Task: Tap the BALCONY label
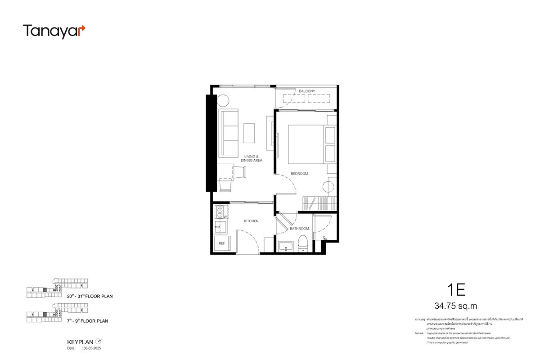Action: click(x=307, y=91)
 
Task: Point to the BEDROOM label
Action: click(x=299, y=173)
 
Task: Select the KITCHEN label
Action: click(x=251, y=221)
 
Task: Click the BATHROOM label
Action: click(x=299, y=229)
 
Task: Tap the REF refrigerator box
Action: click(x=221, y=243)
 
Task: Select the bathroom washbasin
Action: click(x=285, y=246)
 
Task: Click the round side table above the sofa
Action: click(x=223, y=100)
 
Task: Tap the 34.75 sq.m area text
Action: click(x=455, y=306)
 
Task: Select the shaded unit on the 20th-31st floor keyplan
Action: click(x=45, y=290)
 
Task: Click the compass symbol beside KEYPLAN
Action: click(x=99, y=341)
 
